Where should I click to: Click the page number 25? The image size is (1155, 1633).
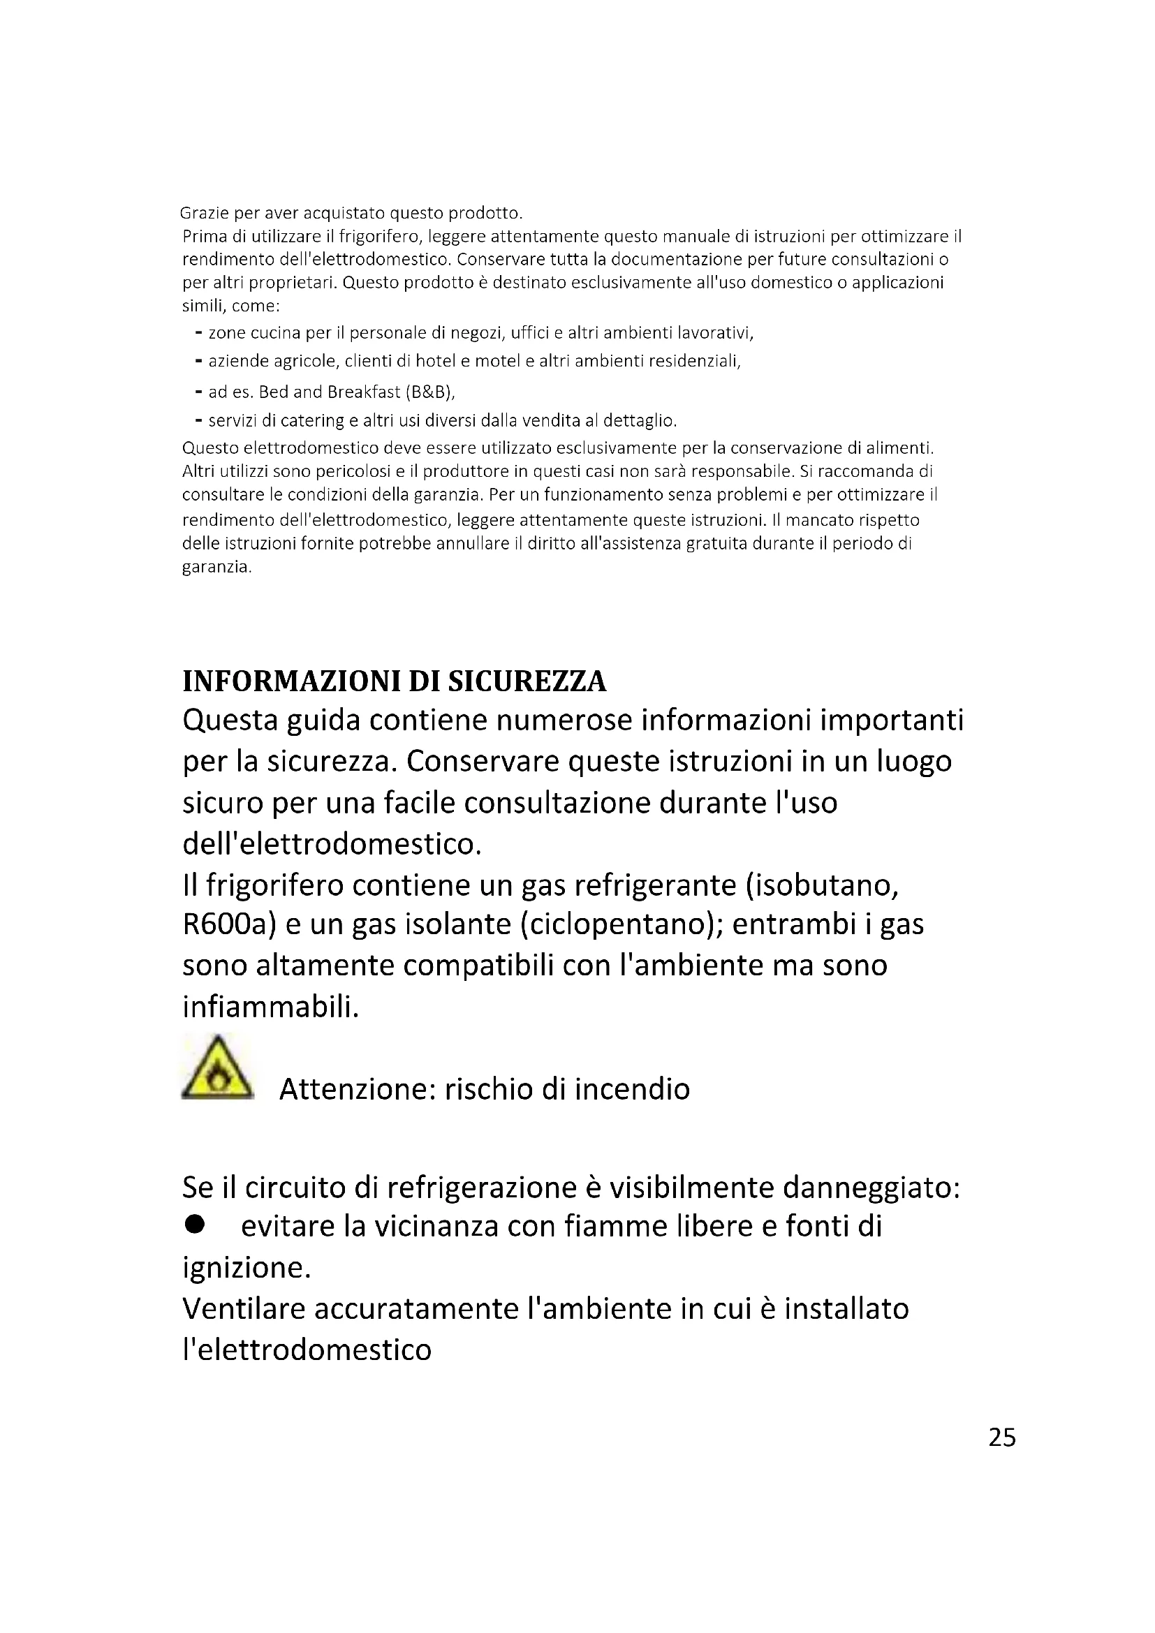tap(1002, 1438)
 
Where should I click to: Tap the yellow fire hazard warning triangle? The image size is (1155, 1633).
tap(218, 1069)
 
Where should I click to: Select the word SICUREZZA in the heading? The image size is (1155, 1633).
tap(527, 681)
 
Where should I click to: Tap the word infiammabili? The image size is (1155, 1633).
tap(271, 1007)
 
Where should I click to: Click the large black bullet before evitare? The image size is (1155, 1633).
tap(194, 1224)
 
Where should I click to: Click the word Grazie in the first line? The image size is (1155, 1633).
tap(203, 214)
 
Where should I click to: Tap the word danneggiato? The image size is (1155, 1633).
tap(871, 1187)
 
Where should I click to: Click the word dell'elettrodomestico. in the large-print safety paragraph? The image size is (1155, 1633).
tap(332, 844)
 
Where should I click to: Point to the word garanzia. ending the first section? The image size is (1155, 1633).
tap(217, 568)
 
